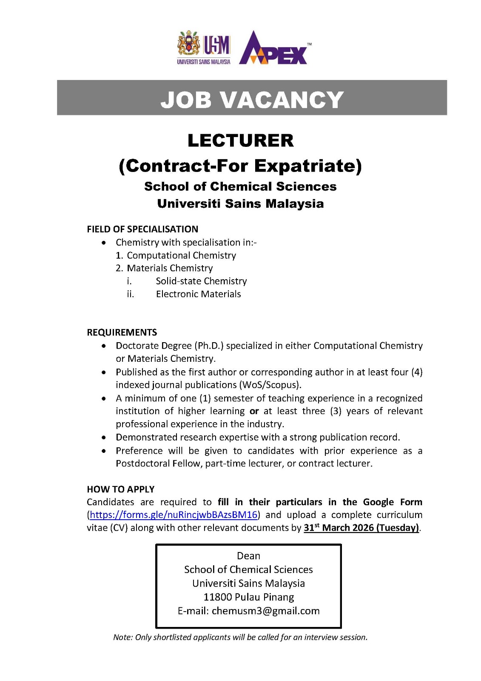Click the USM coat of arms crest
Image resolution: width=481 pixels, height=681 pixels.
pyautogui.click(x=188, y=43)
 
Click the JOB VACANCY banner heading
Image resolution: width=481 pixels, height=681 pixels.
pyautogui.click(x=252, y=100)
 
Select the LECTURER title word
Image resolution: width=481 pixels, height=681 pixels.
pyautogui.click(x=240, y=140)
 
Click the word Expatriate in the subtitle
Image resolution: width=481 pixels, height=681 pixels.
pyautogui.click(x=307, y=166)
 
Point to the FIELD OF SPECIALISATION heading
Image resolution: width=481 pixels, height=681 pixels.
pyautogui.click(x=142, y=229)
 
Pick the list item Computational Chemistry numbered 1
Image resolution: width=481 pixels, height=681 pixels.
pyautogui.click(x=181, y=255)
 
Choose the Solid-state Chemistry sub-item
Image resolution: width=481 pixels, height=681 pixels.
pyautogui.click(x=201, y=281)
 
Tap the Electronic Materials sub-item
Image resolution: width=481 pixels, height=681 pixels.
pyautogui.click(x=198, y=294)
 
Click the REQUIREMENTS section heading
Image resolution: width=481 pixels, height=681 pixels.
pyautogui.click(x=122, y=332)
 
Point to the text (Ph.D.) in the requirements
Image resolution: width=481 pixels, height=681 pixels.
pyautogui.click(x=209, y=346)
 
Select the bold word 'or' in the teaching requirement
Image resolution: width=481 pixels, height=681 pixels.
pyautogui.click(x=254, y=411)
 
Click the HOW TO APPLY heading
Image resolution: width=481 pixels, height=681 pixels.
pyautogui.click(x=121, y=489)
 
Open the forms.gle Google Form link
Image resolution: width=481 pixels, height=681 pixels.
pyautogui.click(x=174, y=515)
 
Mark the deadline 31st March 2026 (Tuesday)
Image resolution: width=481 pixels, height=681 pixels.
pyautogui.click(x=361, y=528)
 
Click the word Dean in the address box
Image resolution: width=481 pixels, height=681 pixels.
pyautogui.click(x=248, y=556)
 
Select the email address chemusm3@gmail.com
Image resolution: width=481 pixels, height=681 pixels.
pyautogui.click(x=265, y=611)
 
